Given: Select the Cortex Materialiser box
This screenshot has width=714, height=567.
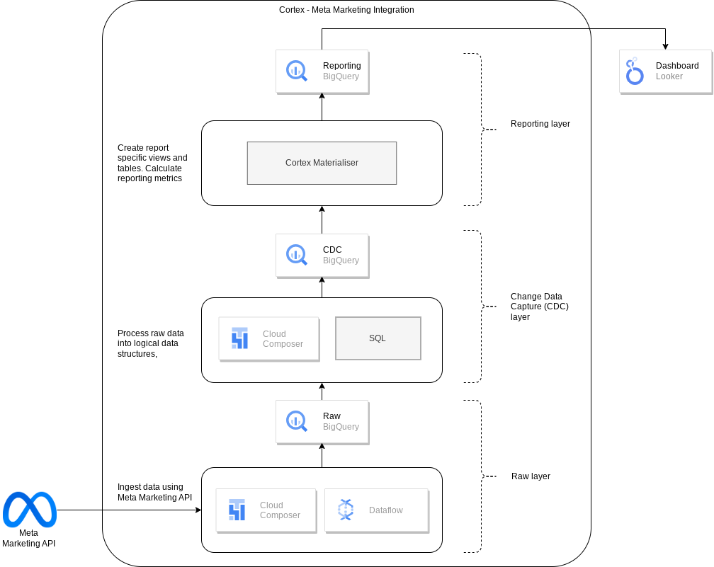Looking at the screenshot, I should pyautogui.click(x=322, y=163).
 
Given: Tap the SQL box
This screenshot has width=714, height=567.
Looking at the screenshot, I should pyautogui.click(x=378, y=338).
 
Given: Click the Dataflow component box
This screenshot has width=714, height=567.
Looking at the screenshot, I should pyautogui.click(x=376, y=510).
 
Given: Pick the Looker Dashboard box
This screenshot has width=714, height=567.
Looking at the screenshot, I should pyautogui.click(x=665, y=71).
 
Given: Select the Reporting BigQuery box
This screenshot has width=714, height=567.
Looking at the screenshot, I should pyautogui.click(x=322, y=71).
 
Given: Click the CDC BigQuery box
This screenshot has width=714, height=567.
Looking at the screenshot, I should pyautogui.click(x=322, y=255).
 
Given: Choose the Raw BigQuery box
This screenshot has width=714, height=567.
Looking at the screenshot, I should pyautogui.click(x=322, y=421).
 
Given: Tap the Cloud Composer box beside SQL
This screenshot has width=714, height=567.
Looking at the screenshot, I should pyautogui.click(x=268, y=339).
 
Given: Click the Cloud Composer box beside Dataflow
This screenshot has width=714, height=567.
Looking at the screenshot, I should pyautogui.click(x=266, y=510).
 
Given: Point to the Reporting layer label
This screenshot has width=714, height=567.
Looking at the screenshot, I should pyautogui.click(x=540, y=124).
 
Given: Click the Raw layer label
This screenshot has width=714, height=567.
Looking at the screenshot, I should pyautogui.click(x=531, y=476).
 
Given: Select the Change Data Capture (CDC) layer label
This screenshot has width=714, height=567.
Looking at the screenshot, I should pyautogui.click(x=539, y=307).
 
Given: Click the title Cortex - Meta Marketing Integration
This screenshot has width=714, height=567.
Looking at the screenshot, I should pyautogui.click(x=346, y=10).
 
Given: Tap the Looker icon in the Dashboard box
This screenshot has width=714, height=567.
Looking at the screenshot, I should pyautogui.click(x=634, y=71).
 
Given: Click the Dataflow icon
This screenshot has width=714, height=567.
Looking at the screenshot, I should pyautogui.click(x=345, y=510).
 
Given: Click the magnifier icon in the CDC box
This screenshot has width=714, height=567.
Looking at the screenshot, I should pyautogui.click(x=296, y=255).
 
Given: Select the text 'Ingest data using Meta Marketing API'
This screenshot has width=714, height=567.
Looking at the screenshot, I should pyautogui.click(x=154, y=492).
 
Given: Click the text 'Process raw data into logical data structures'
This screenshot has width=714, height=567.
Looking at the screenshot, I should pyautogui.click(x=150, y=343).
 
